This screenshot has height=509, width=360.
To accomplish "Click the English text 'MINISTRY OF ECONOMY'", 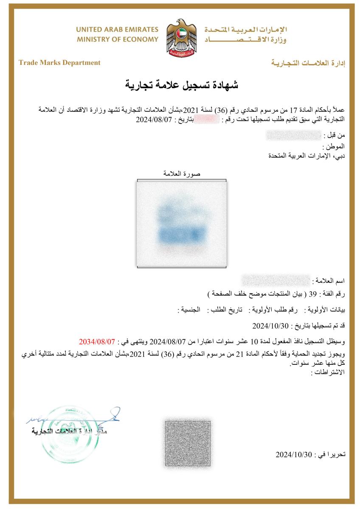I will [x=118, y=39].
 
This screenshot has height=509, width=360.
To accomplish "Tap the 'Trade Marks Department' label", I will [x=59, y=63].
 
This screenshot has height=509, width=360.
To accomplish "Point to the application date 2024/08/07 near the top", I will [x=153, y=119].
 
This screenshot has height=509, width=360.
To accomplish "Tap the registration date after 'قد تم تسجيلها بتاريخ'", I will [x=270, y=326].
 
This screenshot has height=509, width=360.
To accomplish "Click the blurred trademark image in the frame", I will [x=181, y=222].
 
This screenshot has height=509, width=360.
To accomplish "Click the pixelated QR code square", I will [x=187, y=444].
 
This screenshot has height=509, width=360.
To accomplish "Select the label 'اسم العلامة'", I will [x=329, y=281].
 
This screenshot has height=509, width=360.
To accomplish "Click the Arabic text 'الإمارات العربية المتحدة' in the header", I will [x=246, y=30].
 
